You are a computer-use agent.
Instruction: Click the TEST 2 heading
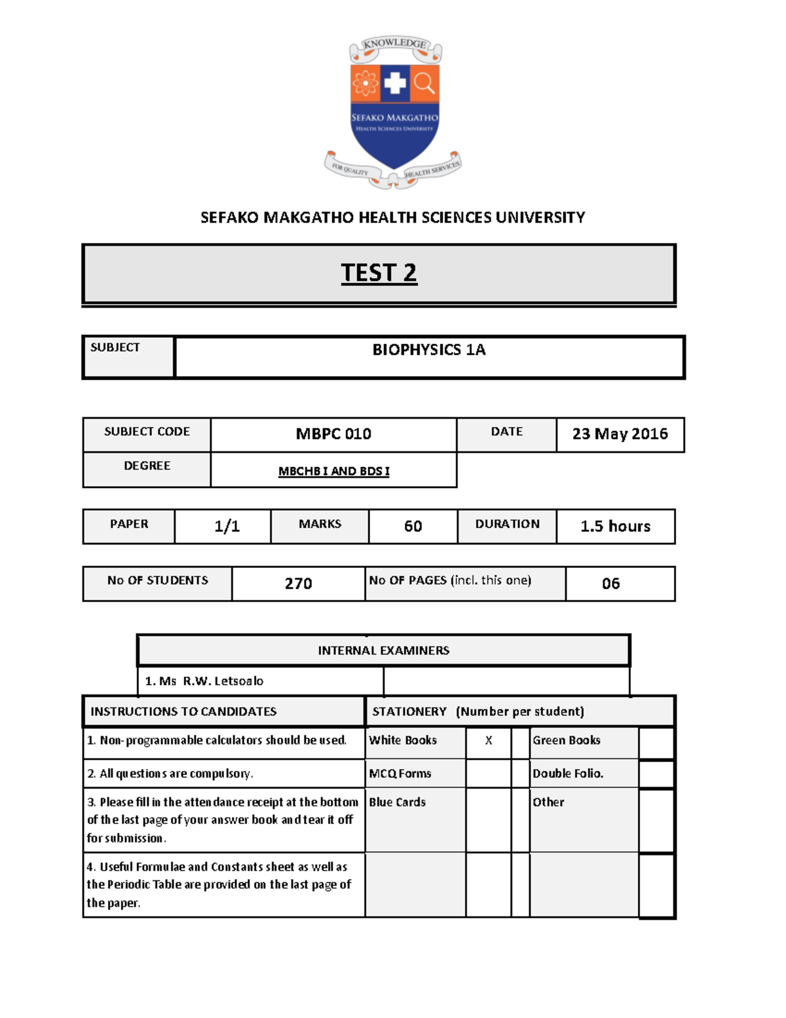pos(379,273)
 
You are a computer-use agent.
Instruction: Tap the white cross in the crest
pos(394,83)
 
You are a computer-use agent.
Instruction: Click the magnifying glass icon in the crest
pos(424,83)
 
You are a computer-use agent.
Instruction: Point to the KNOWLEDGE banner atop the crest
pos(395,44)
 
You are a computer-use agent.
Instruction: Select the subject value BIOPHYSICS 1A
pos(429,350)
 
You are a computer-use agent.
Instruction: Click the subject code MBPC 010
pos(333,434)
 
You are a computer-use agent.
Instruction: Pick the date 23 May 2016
pos(620,434)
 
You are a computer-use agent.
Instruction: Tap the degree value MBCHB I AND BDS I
pos(333,471)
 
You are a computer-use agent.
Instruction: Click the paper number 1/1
pos(227,526)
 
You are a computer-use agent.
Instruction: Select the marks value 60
pos(413,526)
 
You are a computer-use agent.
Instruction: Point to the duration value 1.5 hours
pos(615,526)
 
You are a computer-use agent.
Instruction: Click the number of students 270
pos(298,583)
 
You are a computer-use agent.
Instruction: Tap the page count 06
pos(610,583)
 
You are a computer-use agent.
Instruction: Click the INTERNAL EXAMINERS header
pos(383,650)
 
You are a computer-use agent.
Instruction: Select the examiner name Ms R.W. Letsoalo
pos(204,681)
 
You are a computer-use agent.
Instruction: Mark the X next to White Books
pos(488,740)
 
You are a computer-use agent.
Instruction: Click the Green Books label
pos(566,740)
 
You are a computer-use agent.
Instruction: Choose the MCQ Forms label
pos(400,774)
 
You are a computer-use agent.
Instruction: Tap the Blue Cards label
pos(397,802)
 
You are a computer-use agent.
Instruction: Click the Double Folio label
pos(567,774)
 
